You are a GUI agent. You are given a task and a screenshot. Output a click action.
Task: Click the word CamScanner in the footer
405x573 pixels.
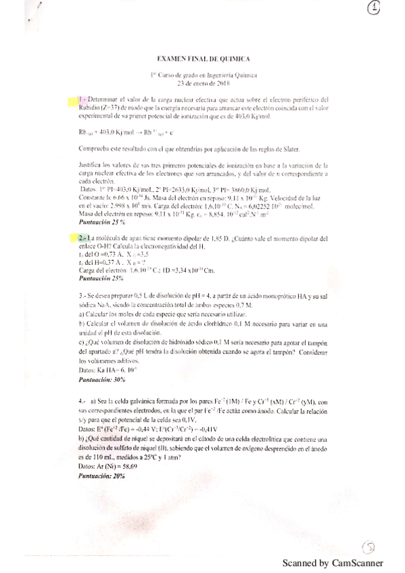(357, 562)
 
